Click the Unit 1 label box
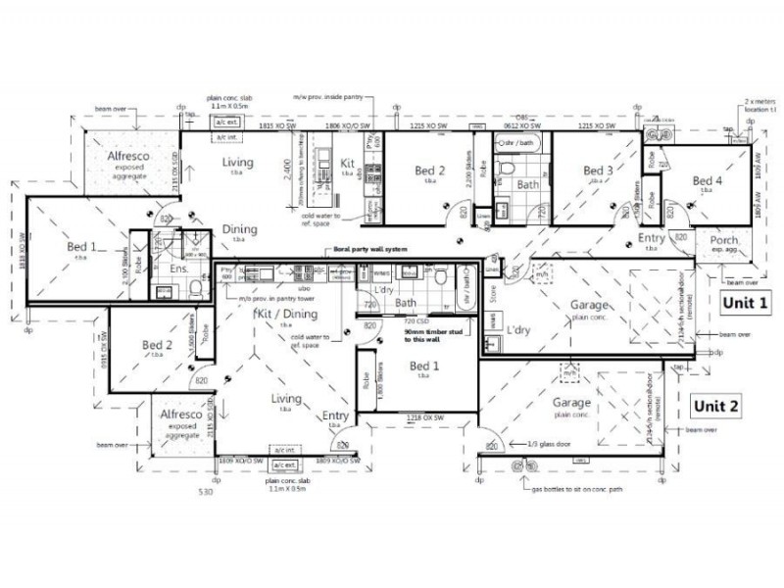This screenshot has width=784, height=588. [x=746, y=304]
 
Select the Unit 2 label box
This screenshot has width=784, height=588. [x=718, y=405]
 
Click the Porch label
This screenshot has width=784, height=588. [x=722, y=244]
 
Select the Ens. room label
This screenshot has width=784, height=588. [x=179, y=268]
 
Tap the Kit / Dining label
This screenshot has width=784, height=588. [x=285, y=314]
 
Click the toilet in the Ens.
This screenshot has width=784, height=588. [x=195, y=291]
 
